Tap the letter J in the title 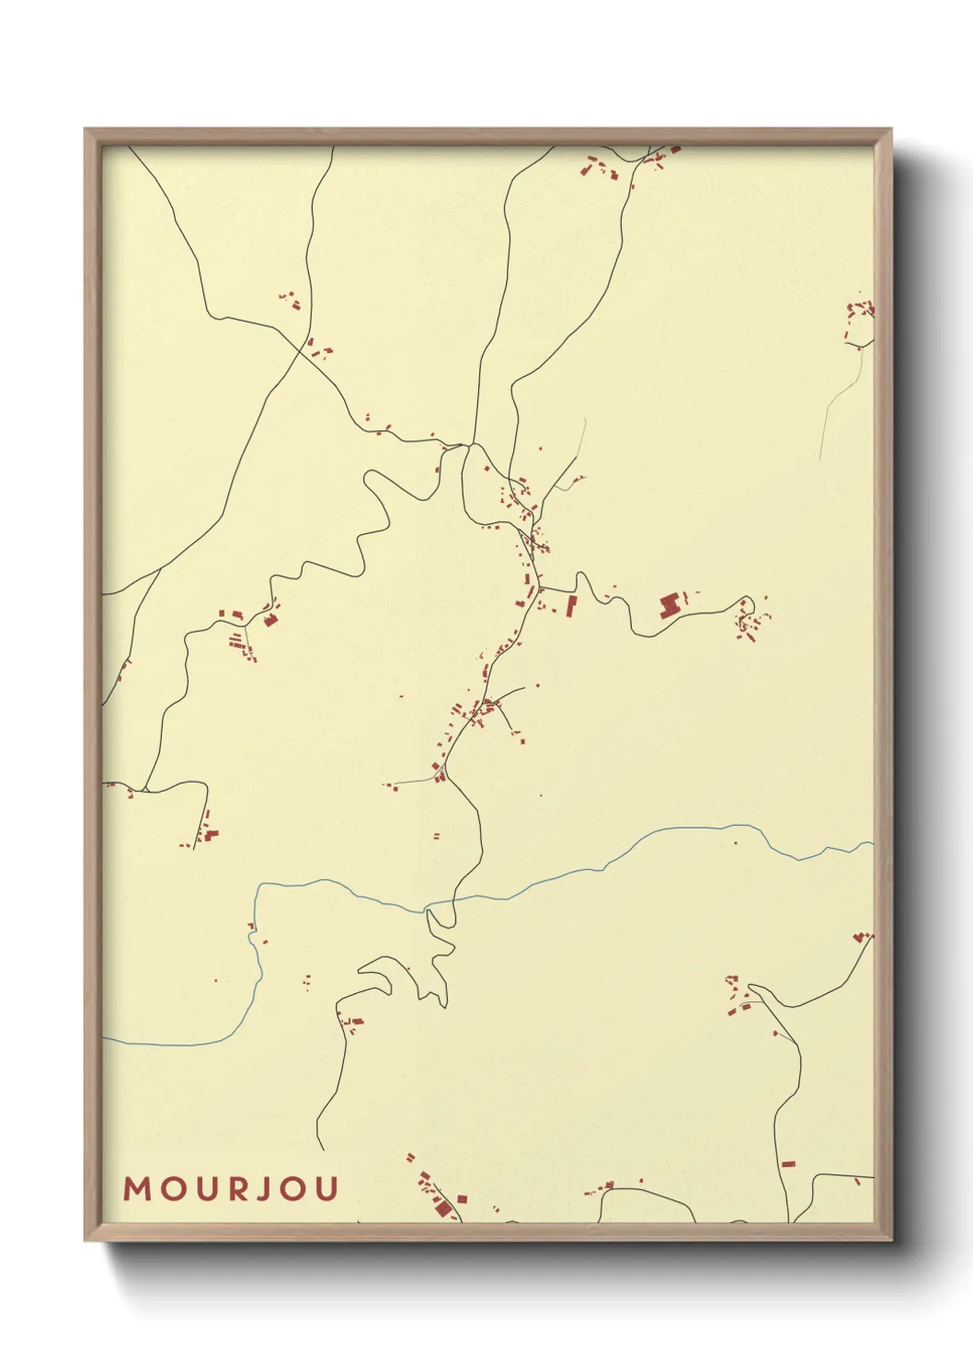coord(267,1189)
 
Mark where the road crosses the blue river coord(428,909)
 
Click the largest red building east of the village coord(670,605)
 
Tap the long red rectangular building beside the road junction coord(571,605)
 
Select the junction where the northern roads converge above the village coord(471,445)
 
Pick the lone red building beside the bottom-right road coord(787,1164)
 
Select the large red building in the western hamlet coord(270,620)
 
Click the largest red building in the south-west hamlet coord(212,835)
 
